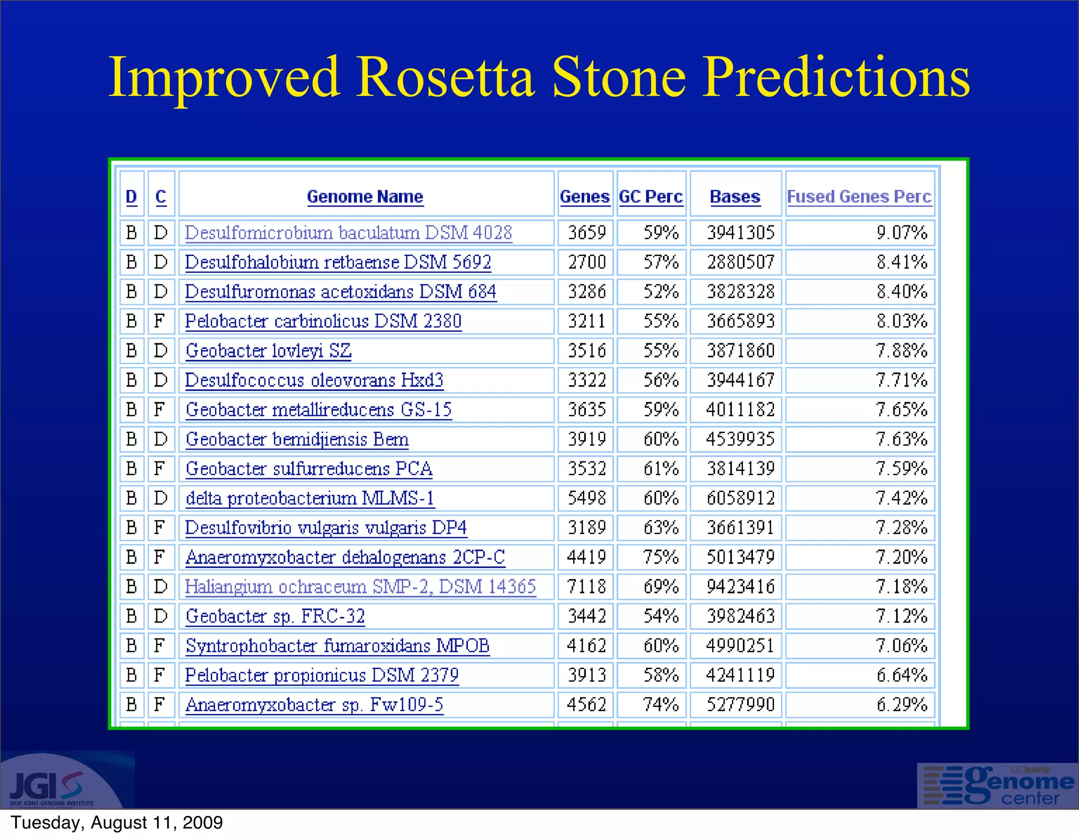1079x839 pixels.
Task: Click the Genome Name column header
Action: click(x=365, y=196)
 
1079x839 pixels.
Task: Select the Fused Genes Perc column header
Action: click(x=859, y=196)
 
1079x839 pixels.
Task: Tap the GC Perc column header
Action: click(x=651, y=196)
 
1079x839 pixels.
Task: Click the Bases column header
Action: click(x=735, y=196)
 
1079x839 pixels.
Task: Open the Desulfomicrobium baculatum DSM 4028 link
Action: click(x=348, y=233)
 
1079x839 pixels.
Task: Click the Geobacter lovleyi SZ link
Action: click(x=268, y=351)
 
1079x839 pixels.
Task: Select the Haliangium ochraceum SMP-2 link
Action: click(x=360, y=587)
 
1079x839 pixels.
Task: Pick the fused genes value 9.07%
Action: click(x=901, y=233)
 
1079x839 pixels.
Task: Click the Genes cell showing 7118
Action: click(x=586, y=587)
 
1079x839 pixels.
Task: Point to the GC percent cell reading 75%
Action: click(x=661, y=557)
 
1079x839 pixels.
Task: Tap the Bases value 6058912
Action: click(x=740, y=498)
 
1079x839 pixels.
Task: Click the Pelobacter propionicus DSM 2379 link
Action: click(x=322, y=675)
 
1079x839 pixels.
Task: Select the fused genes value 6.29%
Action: click(x=901, y=705)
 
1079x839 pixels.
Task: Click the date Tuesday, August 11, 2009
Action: click(x=117, y=823)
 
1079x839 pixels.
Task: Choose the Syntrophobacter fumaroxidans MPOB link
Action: click(x=337, y=646)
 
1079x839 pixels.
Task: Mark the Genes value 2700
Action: click(x=586, y=262)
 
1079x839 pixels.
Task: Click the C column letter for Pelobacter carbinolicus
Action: click(x=160, y=321)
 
